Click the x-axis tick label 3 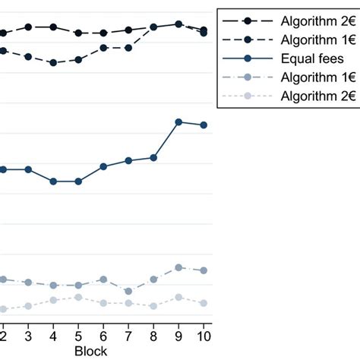(x=28, y=336)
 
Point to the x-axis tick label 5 (x=78, y=336)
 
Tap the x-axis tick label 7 (x=128, y=336)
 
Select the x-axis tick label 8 (x=153, y=336)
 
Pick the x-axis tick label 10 (x=204, y=336)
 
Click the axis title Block (x=90, y=351)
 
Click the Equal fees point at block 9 (x=178, y=122)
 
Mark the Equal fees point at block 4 (x=53, y=182)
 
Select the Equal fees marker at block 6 (x=103, y=166)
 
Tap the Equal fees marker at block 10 (x=204, y=125)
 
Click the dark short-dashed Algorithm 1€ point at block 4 (x=53, y=63)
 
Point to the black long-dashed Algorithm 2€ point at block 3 (x=28, y=27)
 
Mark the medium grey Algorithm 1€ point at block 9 (x=178, y=267)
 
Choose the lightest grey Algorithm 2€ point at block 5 (x=78, y=297)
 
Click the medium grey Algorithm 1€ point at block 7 (x=128, y=291)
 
